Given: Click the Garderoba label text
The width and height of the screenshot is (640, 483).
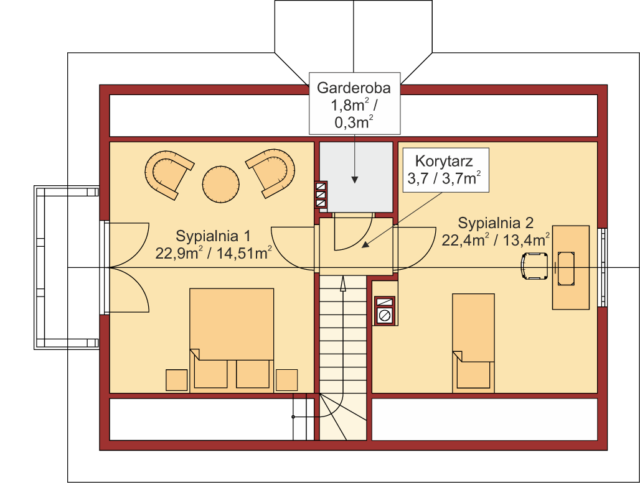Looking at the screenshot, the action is point(354,88).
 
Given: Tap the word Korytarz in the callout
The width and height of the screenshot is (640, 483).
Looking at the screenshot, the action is point(444,161).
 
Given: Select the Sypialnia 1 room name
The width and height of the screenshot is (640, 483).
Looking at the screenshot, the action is point(213,236).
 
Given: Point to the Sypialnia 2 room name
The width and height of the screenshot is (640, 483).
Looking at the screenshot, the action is point(496,223).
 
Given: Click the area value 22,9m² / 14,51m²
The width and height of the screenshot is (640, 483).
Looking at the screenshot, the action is point(214,253).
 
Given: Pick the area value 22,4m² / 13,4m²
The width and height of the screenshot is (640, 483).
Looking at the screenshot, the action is point(496,240).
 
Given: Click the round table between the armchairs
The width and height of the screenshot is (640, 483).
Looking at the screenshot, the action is point(221,184).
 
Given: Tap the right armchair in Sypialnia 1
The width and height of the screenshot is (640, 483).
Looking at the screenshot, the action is point(271,173).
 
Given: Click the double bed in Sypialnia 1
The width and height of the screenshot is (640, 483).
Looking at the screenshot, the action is point(232,340).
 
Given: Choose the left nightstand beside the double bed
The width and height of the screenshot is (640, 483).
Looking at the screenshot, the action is point(176,380).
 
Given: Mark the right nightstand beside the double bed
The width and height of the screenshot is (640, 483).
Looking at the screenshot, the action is point(286,380).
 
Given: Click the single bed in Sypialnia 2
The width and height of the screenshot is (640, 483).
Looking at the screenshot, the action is point(474,343).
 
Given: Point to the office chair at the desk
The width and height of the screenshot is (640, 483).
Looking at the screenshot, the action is point(534,266).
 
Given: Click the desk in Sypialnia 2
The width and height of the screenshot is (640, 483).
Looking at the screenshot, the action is point(571,267).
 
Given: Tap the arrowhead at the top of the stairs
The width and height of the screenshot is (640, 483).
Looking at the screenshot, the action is point(343,283).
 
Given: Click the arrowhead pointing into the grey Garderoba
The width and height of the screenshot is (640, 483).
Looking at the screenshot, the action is point(355,180).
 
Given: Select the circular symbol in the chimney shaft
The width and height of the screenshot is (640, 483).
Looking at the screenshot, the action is point(385,315).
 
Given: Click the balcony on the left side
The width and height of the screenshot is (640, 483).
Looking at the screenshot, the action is point(67,267).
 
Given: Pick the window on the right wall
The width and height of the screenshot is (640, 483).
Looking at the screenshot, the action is point(602,267).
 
